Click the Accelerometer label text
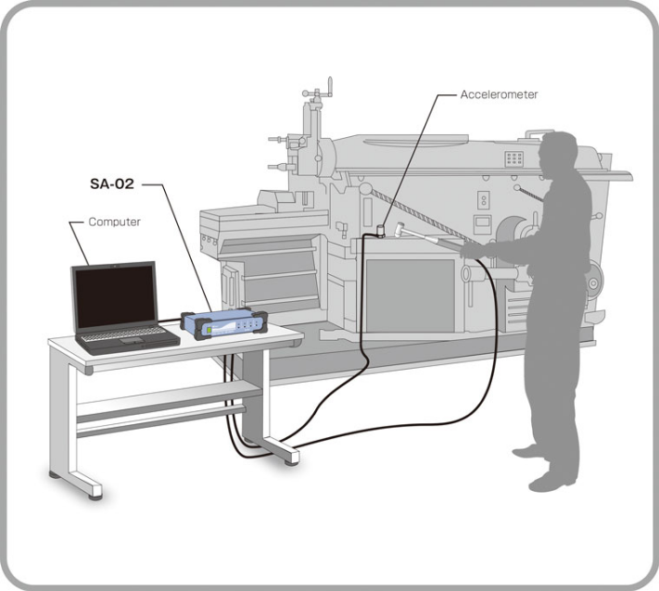coord(499,94)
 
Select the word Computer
coord(114,222)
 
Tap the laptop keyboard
coord(126,334)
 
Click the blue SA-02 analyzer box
coord(223,324)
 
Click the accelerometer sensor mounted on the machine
coord(380,228)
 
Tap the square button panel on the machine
coord(514,159)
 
